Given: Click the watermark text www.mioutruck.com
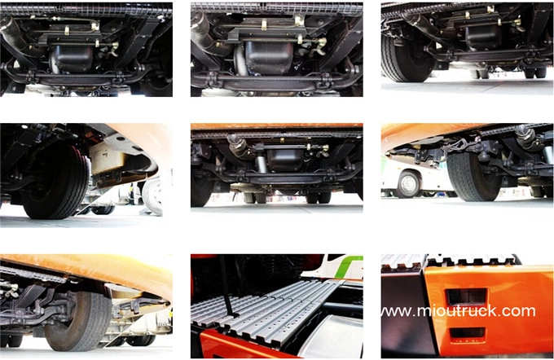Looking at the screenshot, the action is tap(458, 311).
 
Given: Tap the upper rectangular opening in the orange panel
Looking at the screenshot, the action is tap(467, 296).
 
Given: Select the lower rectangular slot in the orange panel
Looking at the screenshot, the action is tap(468, 333).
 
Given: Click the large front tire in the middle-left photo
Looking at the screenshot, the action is tap(56, 182).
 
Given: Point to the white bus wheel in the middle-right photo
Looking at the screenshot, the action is tap(409, 183).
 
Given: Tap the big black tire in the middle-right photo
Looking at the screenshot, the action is tap(473, 176).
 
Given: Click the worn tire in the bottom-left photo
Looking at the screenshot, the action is tap(78, 320).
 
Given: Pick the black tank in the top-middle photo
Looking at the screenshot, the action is tap(269, 57).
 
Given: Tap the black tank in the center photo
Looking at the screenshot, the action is tap(285, 160).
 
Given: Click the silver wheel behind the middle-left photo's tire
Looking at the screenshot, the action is tap(152, 196).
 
